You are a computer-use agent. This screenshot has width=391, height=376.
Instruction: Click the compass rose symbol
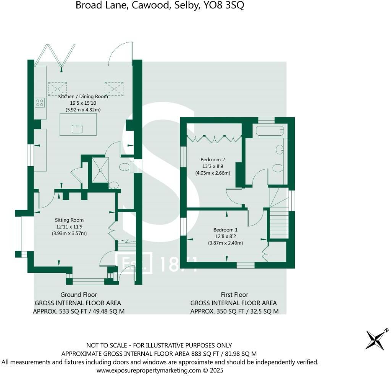tap(377, 339)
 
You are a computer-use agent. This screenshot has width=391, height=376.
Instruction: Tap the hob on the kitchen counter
tap(40, 102)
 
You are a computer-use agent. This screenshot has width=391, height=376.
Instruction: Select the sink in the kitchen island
tap(78, 129)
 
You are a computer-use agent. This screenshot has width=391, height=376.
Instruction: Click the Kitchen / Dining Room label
tap(83, 96)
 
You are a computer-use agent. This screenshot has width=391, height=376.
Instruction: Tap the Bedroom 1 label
tap(225, 230)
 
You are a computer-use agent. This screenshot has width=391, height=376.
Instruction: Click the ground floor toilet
tap(125, 167)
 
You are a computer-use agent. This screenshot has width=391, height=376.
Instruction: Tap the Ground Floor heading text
tap(78, 295)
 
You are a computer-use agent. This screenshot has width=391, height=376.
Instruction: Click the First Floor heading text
tap(234, 295)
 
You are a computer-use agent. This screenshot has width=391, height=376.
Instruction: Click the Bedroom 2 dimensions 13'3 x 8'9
tap(211, 166)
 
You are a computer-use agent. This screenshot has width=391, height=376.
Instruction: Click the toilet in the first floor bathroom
tap(278, 168)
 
